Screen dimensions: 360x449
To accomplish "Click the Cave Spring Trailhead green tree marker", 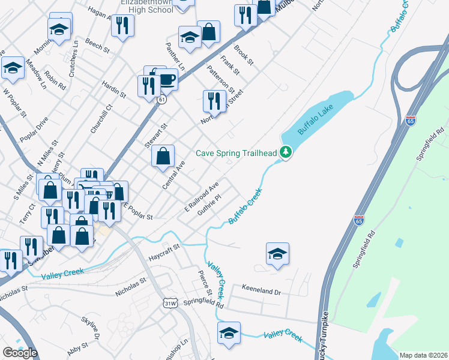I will (x=287, y=153).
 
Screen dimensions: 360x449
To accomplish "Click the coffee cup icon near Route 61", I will (x=166, y=79).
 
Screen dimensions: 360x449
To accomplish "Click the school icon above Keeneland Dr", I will (x=277, y=254).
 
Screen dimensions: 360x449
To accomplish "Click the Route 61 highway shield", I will (x=161, y=100).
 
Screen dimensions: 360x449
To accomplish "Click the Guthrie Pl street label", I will (x=210, y=202).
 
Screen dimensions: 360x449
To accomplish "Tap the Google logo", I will (x=20, y=353).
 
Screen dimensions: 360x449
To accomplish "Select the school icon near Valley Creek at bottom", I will (x=229, y=333).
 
